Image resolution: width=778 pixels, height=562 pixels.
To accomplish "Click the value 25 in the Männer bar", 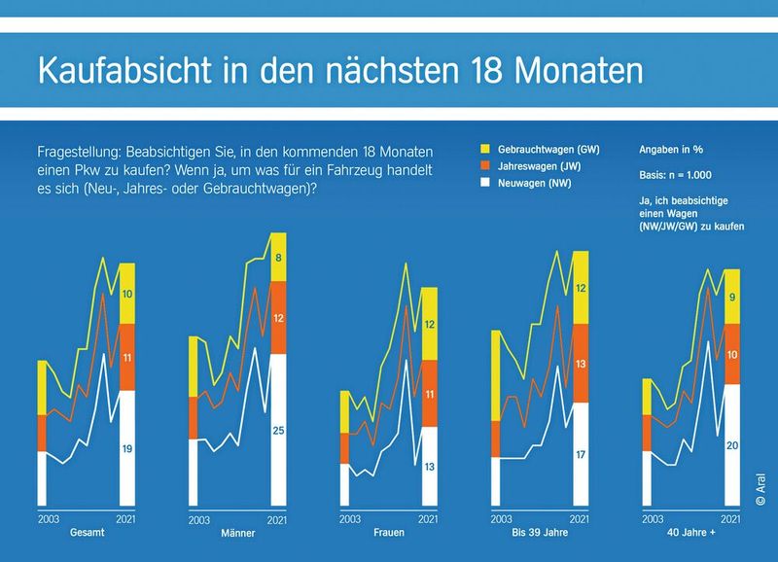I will tap(278, 430).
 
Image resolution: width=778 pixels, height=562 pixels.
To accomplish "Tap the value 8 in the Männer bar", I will tap(278, 259).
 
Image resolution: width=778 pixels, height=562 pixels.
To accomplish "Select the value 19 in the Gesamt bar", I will tap(127, 448).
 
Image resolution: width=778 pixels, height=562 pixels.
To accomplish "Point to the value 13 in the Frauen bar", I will tap(429, 467).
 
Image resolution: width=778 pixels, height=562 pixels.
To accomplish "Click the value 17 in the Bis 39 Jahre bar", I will tap(581, 454).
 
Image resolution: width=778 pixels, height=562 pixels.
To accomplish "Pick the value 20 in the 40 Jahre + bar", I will tap(732, 445).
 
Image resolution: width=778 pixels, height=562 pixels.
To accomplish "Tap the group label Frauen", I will tap(389, 535).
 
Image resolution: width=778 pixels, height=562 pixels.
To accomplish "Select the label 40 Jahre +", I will tap(692, 535).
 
